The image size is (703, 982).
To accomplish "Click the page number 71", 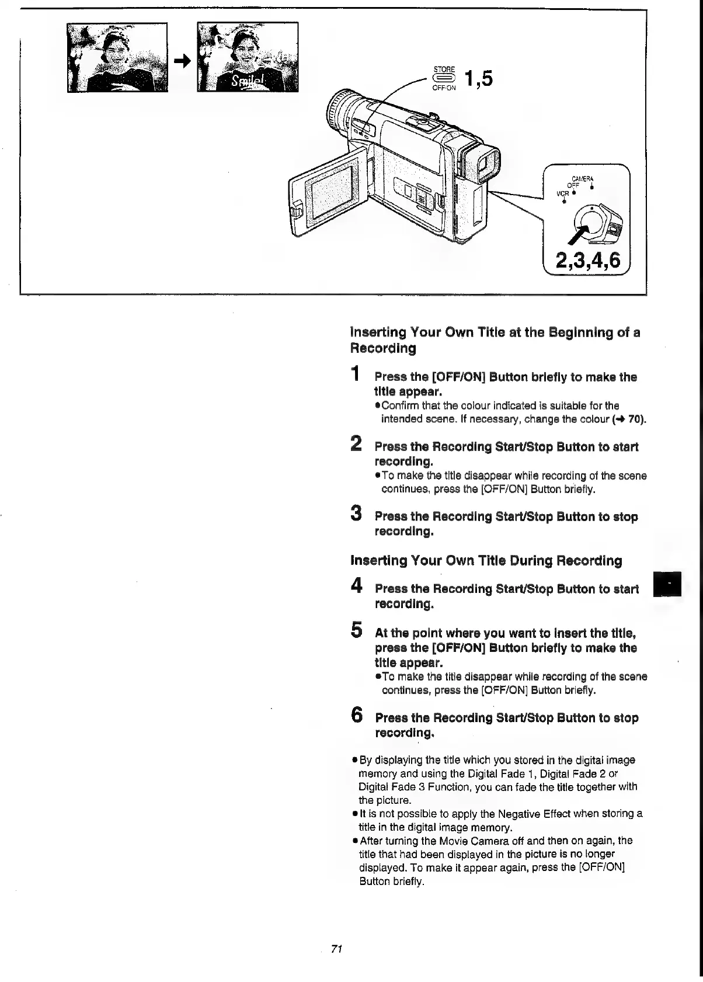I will (x=336, y=949).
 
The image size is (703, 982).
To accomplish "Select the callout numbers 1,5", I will (x=478, y=78).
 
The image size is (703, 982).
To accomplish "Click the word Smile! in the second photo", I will (x=248, y=81).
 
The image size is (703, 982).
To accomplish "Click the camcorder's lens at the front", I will (x=337, y=109).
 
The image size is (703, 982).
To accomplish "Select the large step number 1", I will (x=354, y=373).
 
